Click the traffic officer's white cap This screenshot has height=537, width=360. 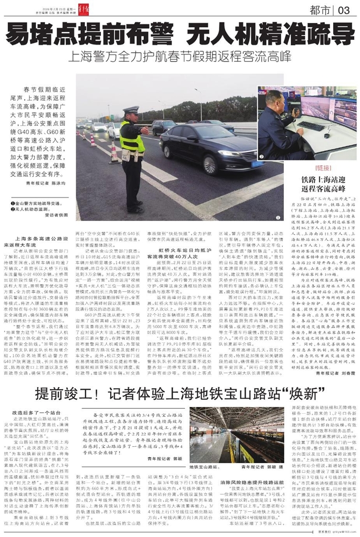[x=131, y=110]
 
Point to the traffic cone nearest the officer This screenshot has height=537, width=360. [x=114, y=153]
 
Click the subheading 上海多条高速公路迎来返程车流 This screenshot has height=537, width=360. [x=41, y=242]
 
